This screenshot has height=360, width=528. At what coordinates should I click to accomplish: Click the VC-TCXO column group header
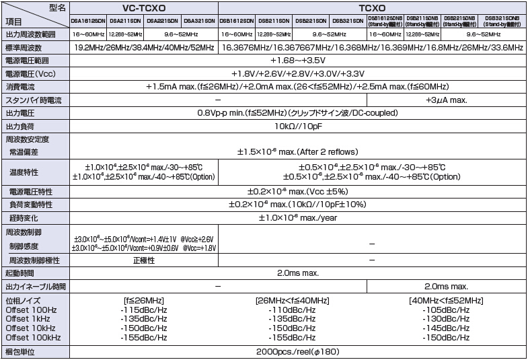[143, 8]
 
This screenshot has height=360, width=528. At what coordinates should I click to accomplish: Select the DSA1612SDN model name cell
[87, 22]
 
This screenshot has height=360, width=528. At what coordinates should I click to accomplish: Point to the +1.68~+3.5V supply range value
[298, 61]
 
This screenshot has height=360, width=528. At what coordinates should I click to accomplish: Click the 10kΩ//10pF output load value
[298, 126]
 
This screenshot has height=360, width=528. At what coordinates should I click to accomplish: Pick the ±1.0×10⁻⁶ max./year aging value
[298, 218]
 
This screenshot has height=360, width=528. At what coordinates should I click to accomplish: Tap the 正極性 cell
[144, 260]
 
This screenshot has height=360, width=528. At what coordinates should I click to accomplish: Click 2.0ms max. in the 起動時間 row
[298, 273]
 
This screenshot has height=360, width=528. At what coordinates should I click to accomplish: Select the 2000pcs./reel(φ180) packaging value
[298, 352]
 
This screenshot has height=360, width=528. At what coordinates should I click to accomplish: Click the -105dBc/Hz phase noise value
[445, 310]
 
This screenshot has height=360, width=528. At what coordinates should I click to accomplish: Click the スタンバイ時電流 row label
[33, 100]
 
